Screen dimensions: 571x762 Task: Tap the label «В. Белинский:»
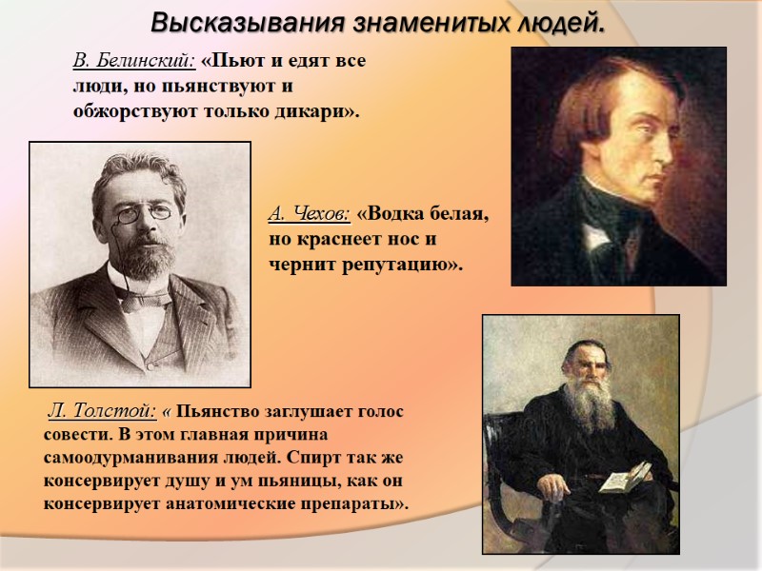tap(134, 61)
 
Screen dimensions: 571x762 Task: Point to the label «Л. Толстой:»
tap(102, 411)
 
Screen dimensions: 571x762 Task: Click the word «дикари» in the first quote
tap(315, 111)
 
